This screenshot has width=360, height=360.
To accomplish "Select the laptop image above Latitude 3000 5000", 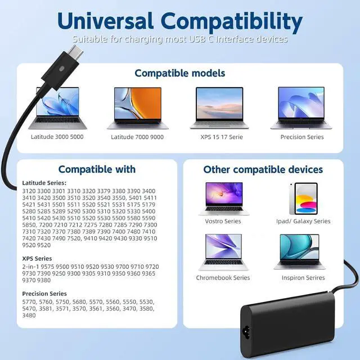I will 57,108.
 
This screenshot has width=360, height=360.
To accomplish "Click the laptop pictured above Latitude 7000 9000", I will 137,108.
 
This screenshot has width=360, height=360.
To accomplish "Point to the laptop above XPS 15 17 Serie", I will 219,108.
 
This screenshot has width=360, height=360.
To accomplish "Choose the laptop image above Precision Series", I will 301,108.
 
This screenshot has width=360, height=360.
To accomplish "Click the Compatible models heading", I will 179,73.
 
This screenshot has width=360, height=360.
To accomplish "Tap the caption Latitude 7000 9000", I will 137,137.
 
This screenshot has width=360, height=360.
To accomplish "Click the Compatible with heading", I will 97,169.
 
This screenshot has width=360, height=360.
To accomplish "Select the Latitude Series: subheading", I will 44,183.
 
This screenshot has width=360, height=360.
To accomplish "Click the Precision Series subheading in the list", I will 44,294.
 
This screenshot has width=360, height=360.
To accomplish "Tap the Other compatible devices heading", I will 263,169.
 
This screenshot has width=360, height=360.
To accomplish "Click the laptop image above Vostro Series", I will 223,198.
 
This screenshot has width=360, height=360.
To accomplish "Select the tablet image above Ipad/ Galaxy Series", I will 303,198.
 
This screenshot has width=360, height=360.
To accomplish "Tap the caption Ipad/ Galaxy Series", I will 303,221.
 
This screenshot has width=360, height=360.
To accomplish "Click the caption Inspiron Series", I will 299,277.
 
